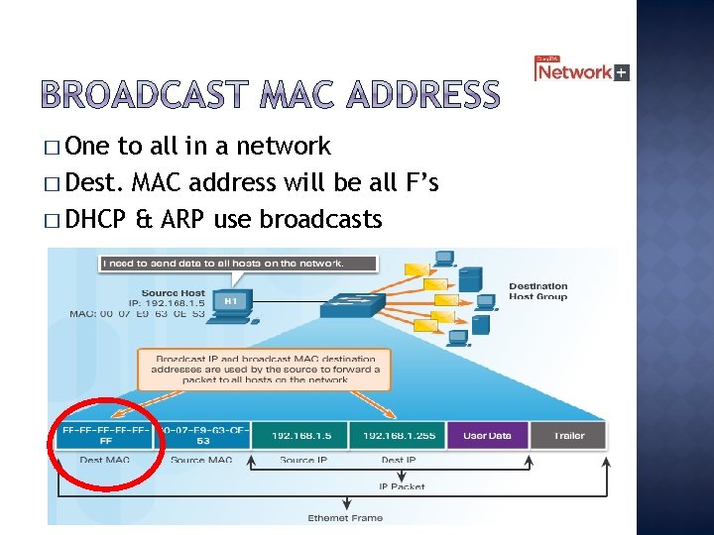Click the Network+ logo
coord(581,70)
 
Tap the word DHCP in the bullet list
coord(93,219)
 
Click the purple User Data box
coord(487,436)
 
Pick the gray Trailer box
coord(569,436)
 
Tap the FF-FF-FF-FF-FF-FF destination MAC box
coord(105,436)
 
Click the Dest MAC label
coord(105,460)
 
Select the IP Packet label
coord(402,486)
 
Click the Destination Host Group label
coord(537,291)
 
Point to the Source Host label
coord(173,293)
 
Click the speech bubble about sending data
coord(237,264)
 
